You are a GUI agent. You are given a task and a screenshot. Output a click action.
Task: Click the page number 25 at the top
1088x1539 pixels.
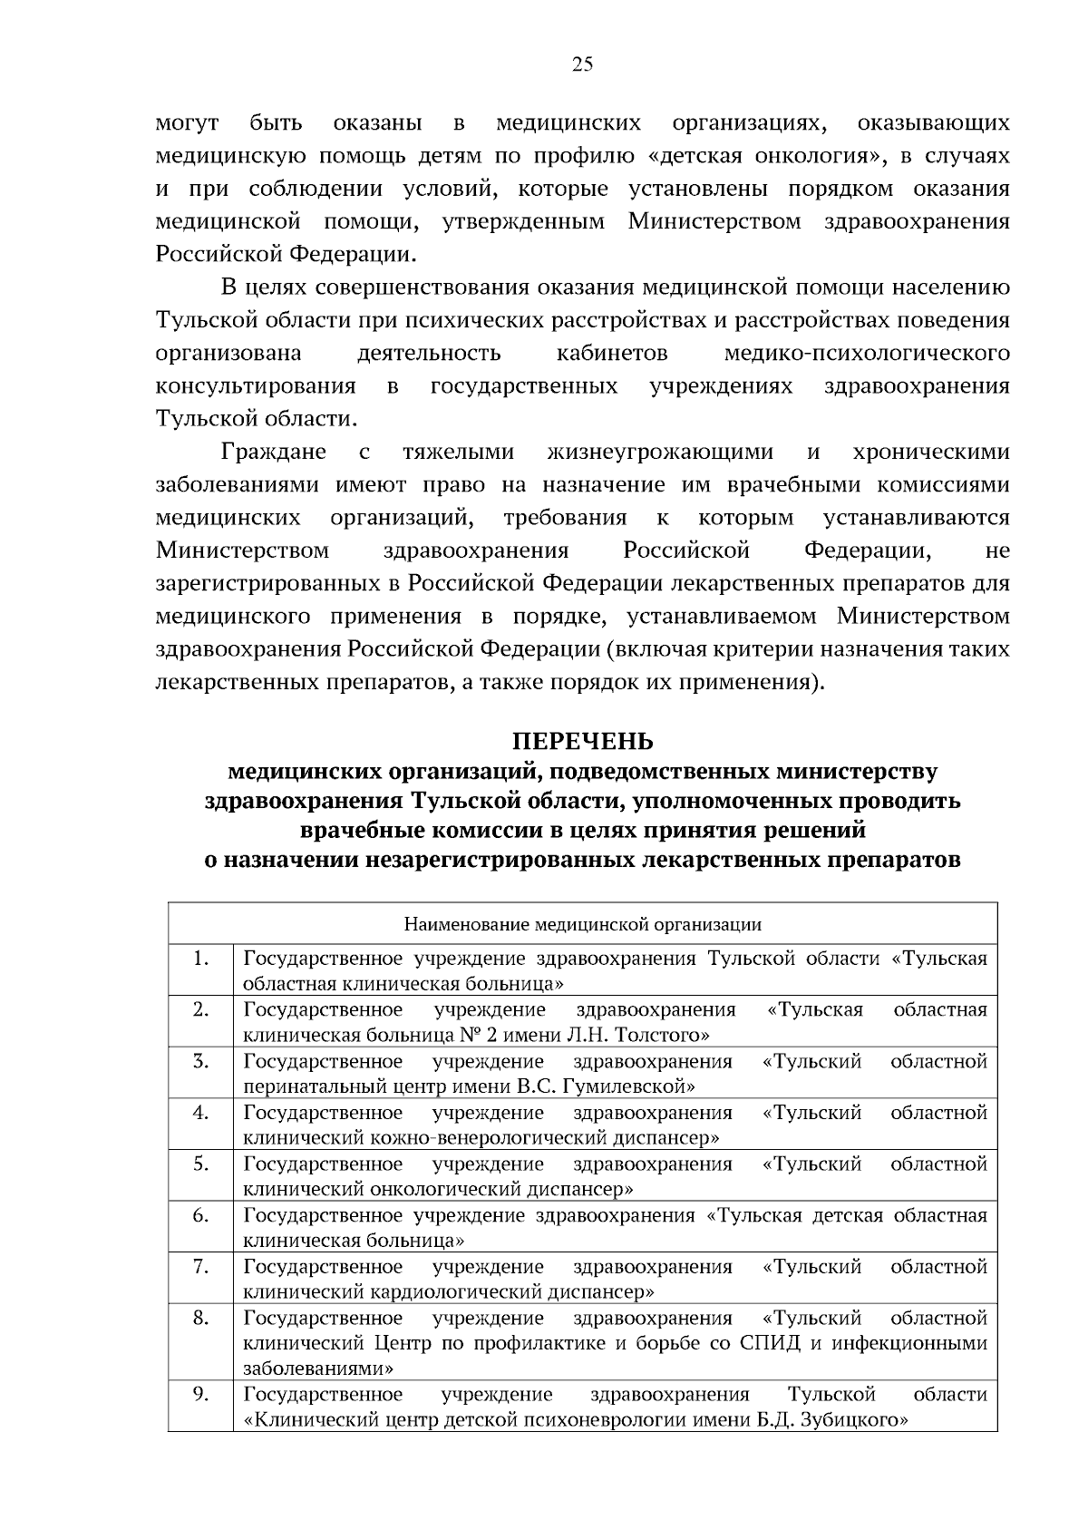point(582,63)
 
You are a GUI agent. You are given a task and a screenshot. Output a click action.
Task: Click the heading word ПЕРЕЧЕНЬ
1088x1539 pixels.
point(582,741)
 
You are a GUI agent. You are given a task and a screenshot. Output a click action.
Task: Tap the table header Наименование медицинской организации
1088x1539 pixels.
point(582,925)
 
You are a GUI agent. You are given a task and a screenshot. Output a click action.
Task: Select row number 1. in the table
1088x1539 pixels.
point(201,959)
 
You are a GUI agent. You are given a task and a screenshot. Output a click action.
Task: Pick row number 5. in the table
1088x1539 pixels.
point(201,1164)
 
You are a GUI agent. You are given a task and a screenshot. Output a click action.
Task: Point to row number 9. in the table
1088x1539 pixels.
point(201,1394)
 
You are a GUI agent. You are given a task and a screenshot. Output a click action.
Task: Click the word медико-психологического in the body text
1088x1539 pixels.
point(867,353)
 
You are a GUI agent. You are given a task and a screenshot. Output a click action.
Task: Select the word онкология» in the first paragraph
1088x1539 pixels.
point(821,156)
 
